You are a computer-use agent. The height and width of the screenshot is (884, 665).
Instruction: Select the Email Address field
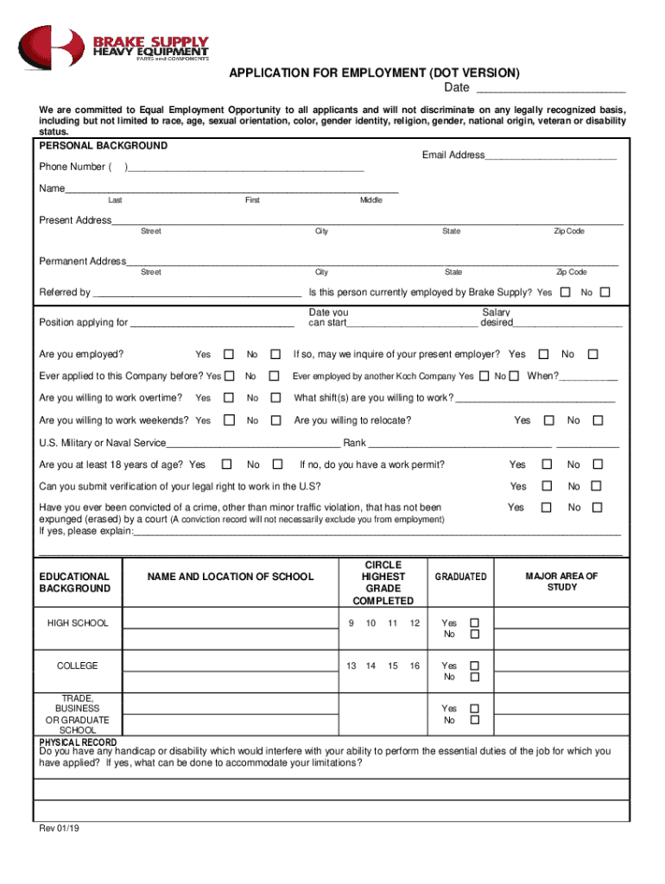(550, 155)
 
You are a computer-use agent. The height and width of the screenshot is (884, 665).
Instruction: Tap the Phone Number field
(246, 167)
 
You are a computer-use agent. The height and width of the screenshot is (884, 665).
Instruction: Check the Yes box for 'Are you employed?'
(229, 355)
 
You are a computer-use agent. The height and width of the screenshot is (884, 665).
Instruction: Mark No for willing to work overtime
(275, 398)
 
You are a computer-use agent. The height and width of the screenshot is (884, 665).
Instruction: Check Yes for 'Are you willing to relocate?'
(548, 420)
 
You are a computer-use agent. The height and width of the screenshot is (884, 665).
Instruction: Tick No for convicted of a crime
(597, 508)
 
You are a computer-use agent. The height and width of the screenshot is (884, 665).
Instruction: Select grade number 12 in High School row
(415, 623)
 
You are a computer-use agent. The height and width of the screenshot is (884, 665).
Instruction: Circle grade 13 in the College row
(351, 666)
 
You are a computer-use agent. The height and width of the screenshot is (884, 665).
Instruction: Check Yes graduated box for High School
(474, 622)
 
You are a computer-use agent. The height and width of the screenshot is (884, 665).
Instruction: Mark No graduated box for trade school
(474, 720)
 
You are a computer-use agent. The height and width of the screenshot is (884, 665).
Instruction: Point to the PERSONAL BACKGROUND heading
(104, 146)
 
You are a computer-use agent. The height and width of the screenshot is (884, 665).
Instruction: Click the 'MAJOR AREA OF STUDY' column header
(561, 582)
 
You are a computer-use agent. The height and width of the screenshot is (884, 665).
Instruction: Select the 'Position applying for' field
(212, 323)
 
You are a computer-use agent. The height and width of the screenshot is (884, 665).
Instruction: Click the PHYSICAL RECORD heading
(79, 742)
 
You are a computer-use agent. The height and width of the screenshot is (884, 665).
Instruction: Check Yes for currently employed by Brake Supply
(565, 293)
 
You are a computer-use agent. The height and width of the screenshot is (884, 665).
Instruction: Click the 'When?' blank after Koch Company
(588, 376)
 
